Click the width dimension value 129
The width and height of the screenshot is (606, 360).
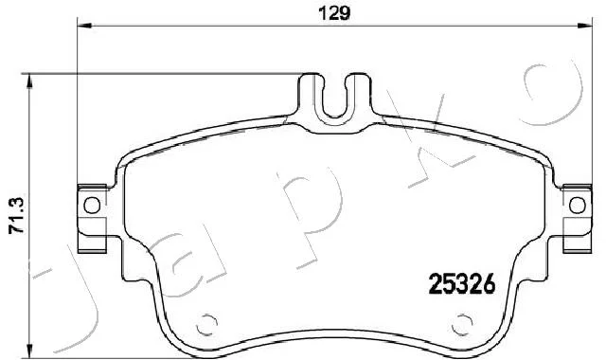point(334,14)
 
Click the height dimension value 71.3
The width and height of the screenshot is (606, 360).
point(17,216)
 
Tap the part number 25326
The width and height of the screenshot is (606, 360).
point(462,283)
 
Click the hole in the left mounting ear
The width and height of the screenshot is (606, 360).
point(92,206)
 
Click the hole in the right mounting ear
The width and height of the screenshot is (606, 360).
point(578,206)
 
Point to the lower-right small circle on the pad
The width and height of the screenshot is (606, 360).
point(462,324)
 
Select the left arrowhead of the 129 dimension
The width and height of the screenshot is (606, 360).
point(84,26)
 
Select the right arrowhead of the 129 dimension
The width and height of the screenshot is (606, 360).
point(585,26)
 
